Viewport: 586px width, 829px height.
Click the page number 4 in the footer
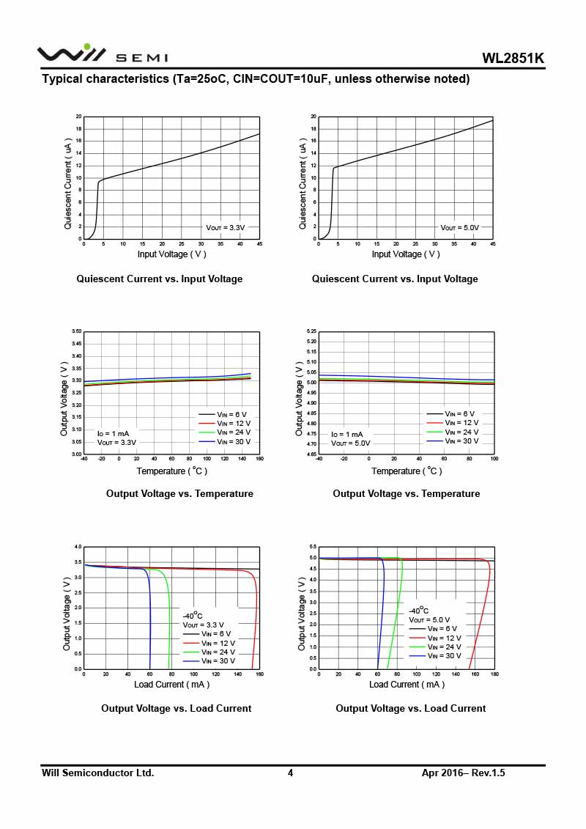(290, 773)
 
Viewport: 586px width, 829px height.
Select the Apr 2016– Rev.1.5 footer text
(464, 773)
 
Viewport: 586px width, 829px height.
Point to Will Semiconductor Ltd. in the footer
(97, 773)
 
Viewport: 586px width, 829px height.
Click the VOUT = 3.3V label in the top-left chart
(225, 228)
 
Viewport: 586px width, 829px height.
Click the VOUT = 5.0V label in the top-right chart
(459, 228)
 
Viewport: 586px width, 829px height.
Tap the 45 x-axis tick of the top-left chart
(259, 244)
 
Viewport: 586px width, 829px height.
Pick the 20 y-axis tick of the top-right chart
(313, 117)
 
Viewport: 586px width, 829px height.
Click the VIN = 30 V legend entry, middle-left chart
(233, 441)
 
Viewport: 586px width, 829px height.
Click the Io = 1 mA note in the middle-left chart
(113, 433)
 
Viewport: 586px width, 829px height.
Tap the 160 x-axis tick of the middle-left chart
(259, 459)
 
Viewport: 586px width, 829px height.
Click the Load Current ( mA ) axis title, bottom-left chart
(171, 685)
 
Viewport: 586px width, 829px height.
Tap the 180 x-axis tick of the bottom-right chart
(494, 674)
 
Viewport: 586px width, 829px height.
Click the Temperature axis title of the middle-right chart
(407, 471)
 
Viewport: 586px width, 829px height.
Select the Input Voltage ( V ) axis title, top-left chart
(172, 254)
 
